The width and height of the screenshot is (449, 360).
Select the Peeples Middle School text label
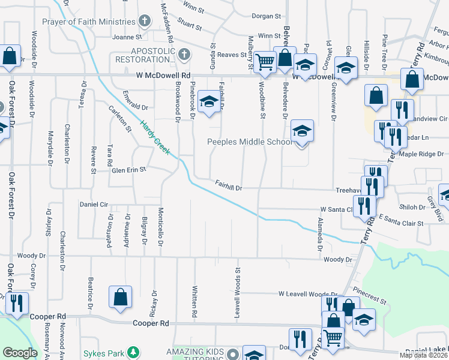click(250, 142)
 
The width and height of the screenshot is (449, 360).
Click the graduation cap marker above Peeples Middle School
click(303, 131)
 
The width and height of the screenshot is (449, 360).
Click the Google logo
click(20, 353)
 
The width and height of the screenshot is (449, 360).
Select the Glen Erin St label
click(129, 170)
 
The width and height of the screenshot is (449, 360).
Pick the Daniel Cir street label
click(93, 204)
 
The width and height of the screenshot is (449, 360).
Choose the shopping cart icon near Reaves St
click(265, 61)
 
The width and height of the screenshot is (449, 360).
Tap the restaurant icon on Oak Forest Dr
click(16, 303)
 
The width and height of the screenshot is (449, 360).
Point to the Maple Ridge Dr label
click(421, 154)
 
